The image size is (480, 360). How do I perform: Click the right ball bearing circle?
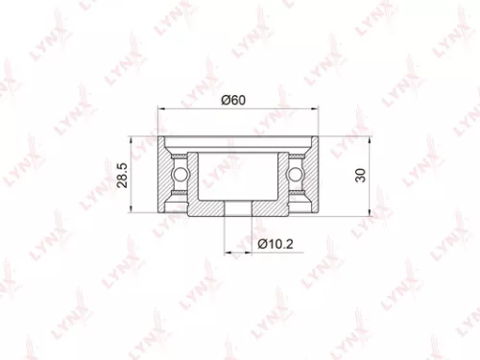tap(297, 176)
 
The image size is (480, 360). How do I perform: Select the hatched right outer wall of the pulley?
tap(310, 176)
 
